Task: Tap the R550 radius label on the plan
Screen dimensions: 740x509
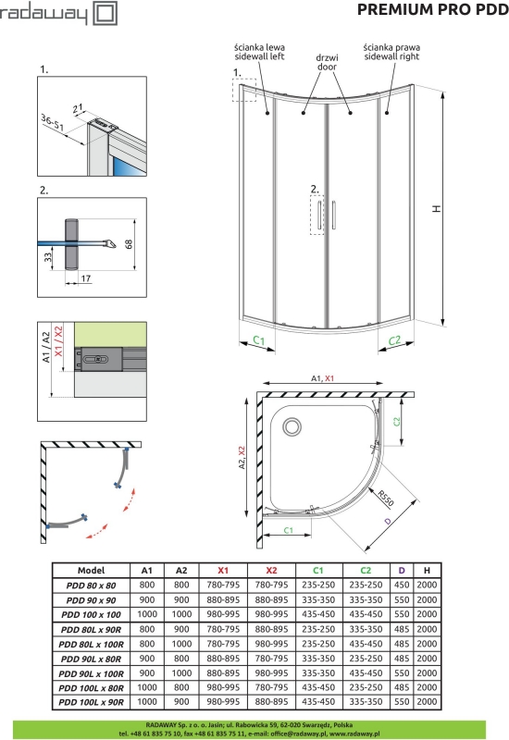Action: coord(385,500)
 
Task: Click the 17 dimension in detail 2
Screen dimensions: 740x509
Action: coord(85,278)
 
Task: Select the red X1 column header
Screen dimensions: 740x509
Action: coord(224,570)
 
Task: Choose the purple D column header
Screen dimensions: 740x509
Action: coord(402,570)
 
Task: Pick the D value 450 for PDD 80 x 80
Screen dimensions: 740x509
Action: coord(402,585)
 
